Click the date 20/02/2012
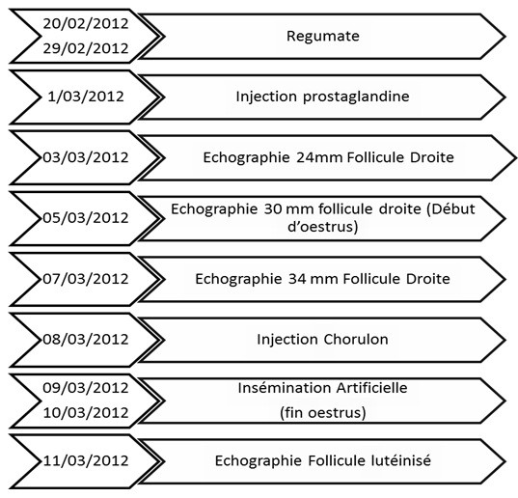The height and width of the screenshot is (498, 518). pos(86,24)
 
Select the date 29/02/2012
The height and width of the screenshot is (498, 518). pos(86,48)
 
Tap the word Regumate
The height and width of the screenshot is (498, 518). pos(323,36)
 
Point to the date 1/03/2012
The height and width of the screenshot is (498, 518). pos(86,97)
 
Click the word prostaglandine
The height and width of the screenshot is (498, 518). pos(356,97)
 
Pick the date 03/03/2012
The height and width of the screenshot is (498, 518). pos(86,157)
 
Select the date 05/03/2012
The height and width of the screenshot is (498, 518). pos(86,218)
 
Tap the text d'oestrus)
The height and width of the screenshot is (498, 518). pos(323,227)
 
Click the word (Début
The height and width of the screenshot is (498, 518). pos(450,209)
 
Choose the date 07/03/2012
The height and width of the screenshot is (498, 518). pos(86,279)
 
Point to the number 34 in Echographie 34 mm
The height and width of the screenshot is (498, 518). pos(297,279)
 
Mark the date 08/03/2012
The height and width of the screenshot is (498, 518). pos(86,340)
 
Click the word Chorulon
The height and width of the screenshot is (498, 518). pos(356,340)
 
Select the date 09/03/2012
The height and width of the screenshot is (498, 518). pos(86,388)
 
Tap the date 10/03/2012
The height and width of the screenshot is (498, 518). pos(86,413)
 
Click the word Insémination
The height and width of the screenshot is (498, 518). pos(286,388)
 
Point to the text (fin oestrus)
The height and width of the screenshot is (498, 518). pos(323,413)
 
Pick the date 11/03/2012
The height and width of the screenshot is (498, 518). pos(86,460)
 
